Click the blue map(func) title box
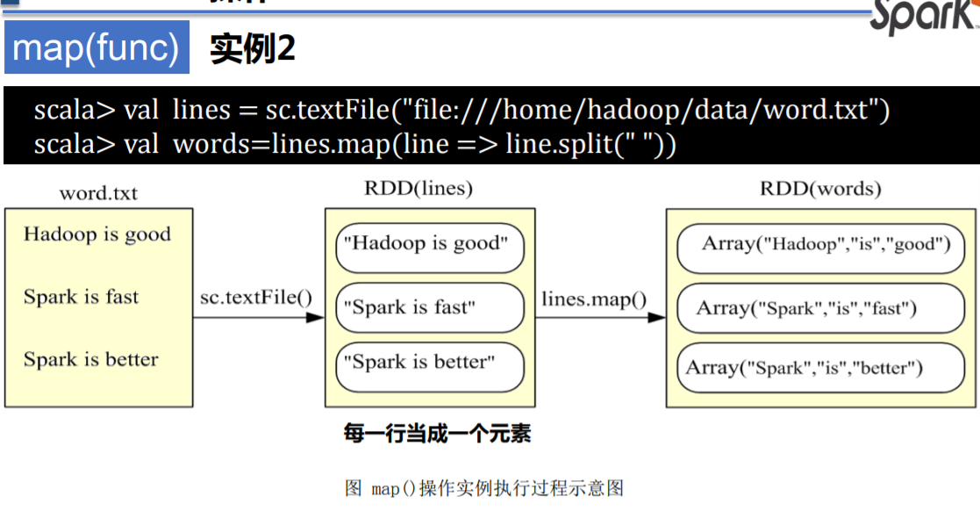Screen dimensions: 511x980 pyautogui.click(x=97, y=47)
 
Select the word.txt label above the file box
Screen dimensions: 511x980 pyautogui.click(x=98, y=193)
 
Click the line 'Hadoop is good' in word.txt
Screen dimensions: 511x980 pyautogui.click(x=97, y=234)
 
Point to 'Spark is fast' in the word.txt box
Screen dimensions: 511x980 pyautogui.click(x=81, y=297)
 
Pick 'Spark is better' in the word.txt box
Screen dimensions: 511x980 pyautogui.click(x=90, y=359)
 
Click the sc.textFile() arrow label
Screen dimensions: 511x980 pyautogui.click(x=256, y=297)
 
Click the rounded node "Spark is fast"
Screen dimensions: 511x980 pyautogui.click(x=429, y=307)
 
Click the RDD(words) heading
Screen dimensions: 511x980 pyautogui.click(x=820, y=188)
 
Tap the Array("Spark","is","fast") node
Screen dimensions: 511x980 pyautogui.click(x=819, y=308)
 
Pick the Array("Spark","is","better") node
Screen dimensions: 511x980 pyautogui.click(x=819, y=369)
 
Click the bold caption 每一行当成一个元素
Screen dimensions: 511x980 pyautogui.click(x=437, y=434)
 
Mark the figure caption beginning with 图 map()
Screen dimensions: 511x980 pyautogui.click(x=484, y=489)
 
